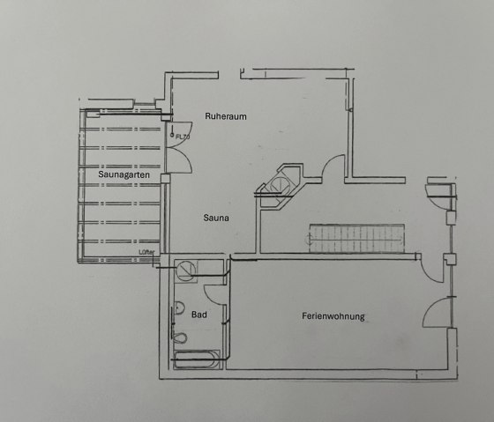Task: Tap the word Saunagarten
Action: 123,175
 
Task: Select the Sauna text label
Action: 217,216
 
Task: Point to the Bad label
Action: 199,314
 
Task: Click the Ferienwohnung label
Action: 333,316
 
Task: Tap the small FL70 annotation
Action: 183,137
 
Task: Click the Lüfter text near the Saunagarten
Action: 147,252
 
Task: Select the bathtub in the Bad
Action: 196,359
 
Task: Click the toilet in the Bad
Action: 181,338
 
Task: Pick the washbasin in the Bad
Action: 177,310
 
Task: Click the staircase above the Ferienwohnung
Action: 356,235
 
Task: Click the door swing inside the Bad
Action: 215,295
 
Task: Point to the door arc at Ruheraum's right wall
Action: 336,167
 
